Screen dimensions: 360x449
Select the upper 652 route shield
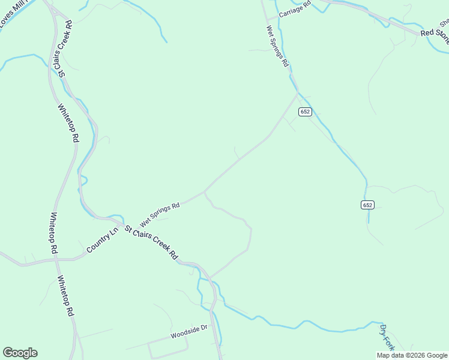point(305,112)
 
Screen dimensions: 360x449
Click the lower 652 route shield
point(368,205)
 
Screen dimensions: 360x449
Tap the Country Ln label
point(102,241)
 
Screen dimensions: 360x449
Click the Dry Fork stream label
point(387,337)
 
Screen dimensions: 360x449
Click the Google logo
point(20,353)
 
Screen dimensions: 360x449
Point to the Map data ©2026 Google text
point(412,355)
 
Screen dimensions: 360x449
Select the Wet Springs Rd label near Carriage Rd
point(278,46)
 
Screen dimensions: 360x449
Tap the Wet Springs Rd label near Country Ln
point(160,214)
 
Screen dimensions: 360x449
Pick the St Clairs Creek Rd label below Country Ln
point(151,242)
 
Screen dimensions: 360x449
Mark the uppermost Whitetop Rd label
point(68,123)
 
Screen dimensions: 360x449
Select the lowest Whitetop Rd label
point(65,296)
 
